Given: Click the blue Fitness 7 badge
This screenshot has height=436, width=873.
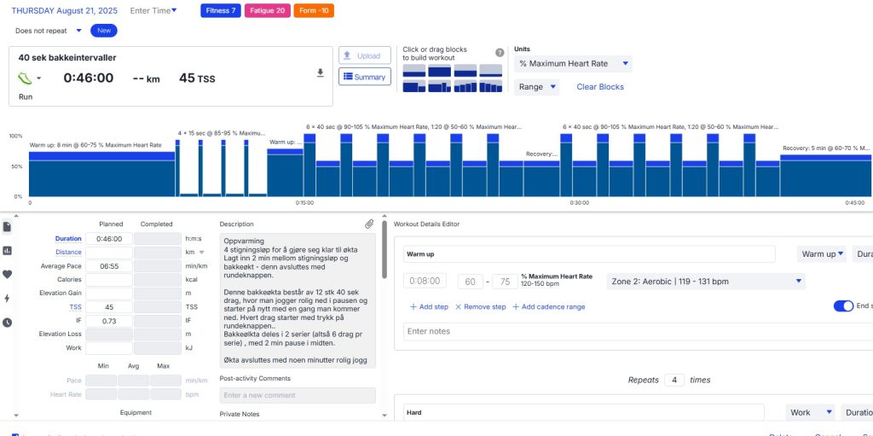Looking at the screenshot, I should tap(221, 11).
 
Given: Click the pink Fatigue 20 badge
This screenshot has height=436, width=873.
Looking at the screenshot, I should tap(266, 11).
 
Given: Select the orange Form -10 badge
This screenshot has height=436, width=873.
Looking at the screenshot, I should tap(314, 11).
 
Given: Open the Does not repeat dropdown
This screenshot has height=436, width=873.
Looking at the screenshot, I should tap(49, 30).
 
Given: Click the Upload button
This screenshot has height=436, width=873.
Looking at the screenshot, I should tap(364, 55).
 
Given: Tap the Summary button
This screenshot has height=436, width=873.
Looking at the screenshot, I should tap(364, 77).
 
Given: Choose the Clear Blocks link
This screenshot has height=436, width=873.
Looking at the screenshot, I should tap(600, 87).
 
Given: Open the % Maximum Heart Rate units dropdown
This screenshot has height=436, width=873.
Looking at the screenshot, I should tap(574, 64).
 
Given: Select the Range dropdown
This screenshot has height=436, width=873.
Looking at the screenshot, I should tap(536, 87).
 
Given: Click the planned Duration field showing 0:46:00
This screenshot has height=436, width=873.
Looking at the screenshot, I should tap(108, 239).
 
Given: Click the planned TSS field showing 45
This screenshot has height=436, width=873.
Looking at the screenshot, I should tap(108, 307).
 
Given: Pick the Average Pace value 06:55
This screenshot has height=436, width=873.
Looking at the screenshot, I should tap(108, 266).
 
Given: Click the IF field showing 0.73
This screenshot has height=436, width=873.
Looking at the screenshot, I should tap(108, 321).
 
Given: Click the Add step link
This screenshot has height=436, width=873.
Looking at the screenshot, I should tap(429, 307).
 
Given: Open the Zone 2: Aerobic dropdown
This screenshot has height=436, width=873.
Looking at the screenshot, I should tap(705, 282).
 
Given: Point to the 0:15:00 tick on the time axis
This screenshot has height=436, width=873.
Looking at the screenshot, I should tap(304, 203).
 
